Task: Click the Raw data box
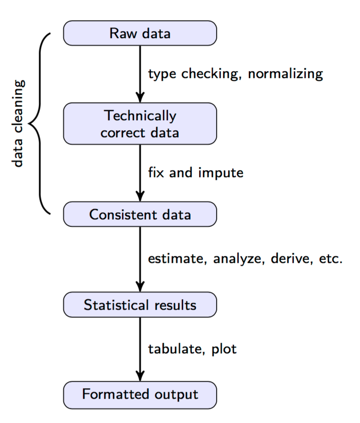(140, 33)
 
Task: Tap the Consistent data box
(140, 214)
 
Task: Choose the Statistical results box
(140, 305)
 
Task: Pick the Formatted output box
(140, 395)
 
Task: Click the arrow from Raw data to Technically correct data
(140, 73)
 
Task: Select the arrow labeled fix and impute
(140, 173)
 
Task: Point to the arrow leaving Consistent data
(140, 259)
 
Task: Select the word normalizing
(286, 74)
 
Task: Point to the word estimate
(174, 259)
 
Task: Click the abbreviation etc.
(331, 259)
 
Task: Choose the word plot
(224, 350)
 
